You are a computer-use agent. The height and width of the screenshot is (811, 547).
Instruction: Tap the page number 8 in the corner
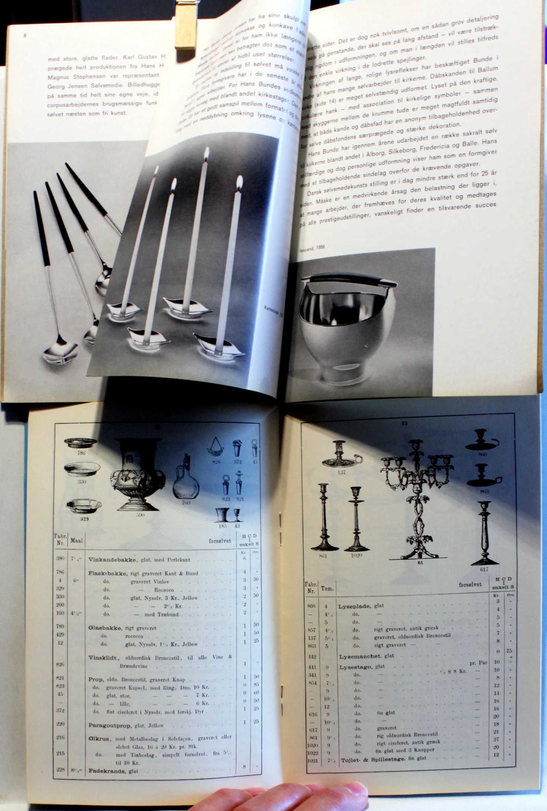pos(25,36)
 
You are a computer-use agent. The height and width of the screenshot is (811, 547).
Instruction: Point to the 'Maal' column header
pos(76,540)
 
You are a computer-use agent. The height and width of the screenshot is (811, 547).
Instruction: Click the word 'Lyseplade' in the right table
pos(354,606)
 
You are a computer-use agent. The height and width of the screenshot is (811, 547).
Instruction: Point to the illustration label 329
pos(84,519)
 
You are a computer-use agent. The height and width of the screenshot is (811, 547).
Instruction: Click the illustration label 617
pos(484,569)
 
